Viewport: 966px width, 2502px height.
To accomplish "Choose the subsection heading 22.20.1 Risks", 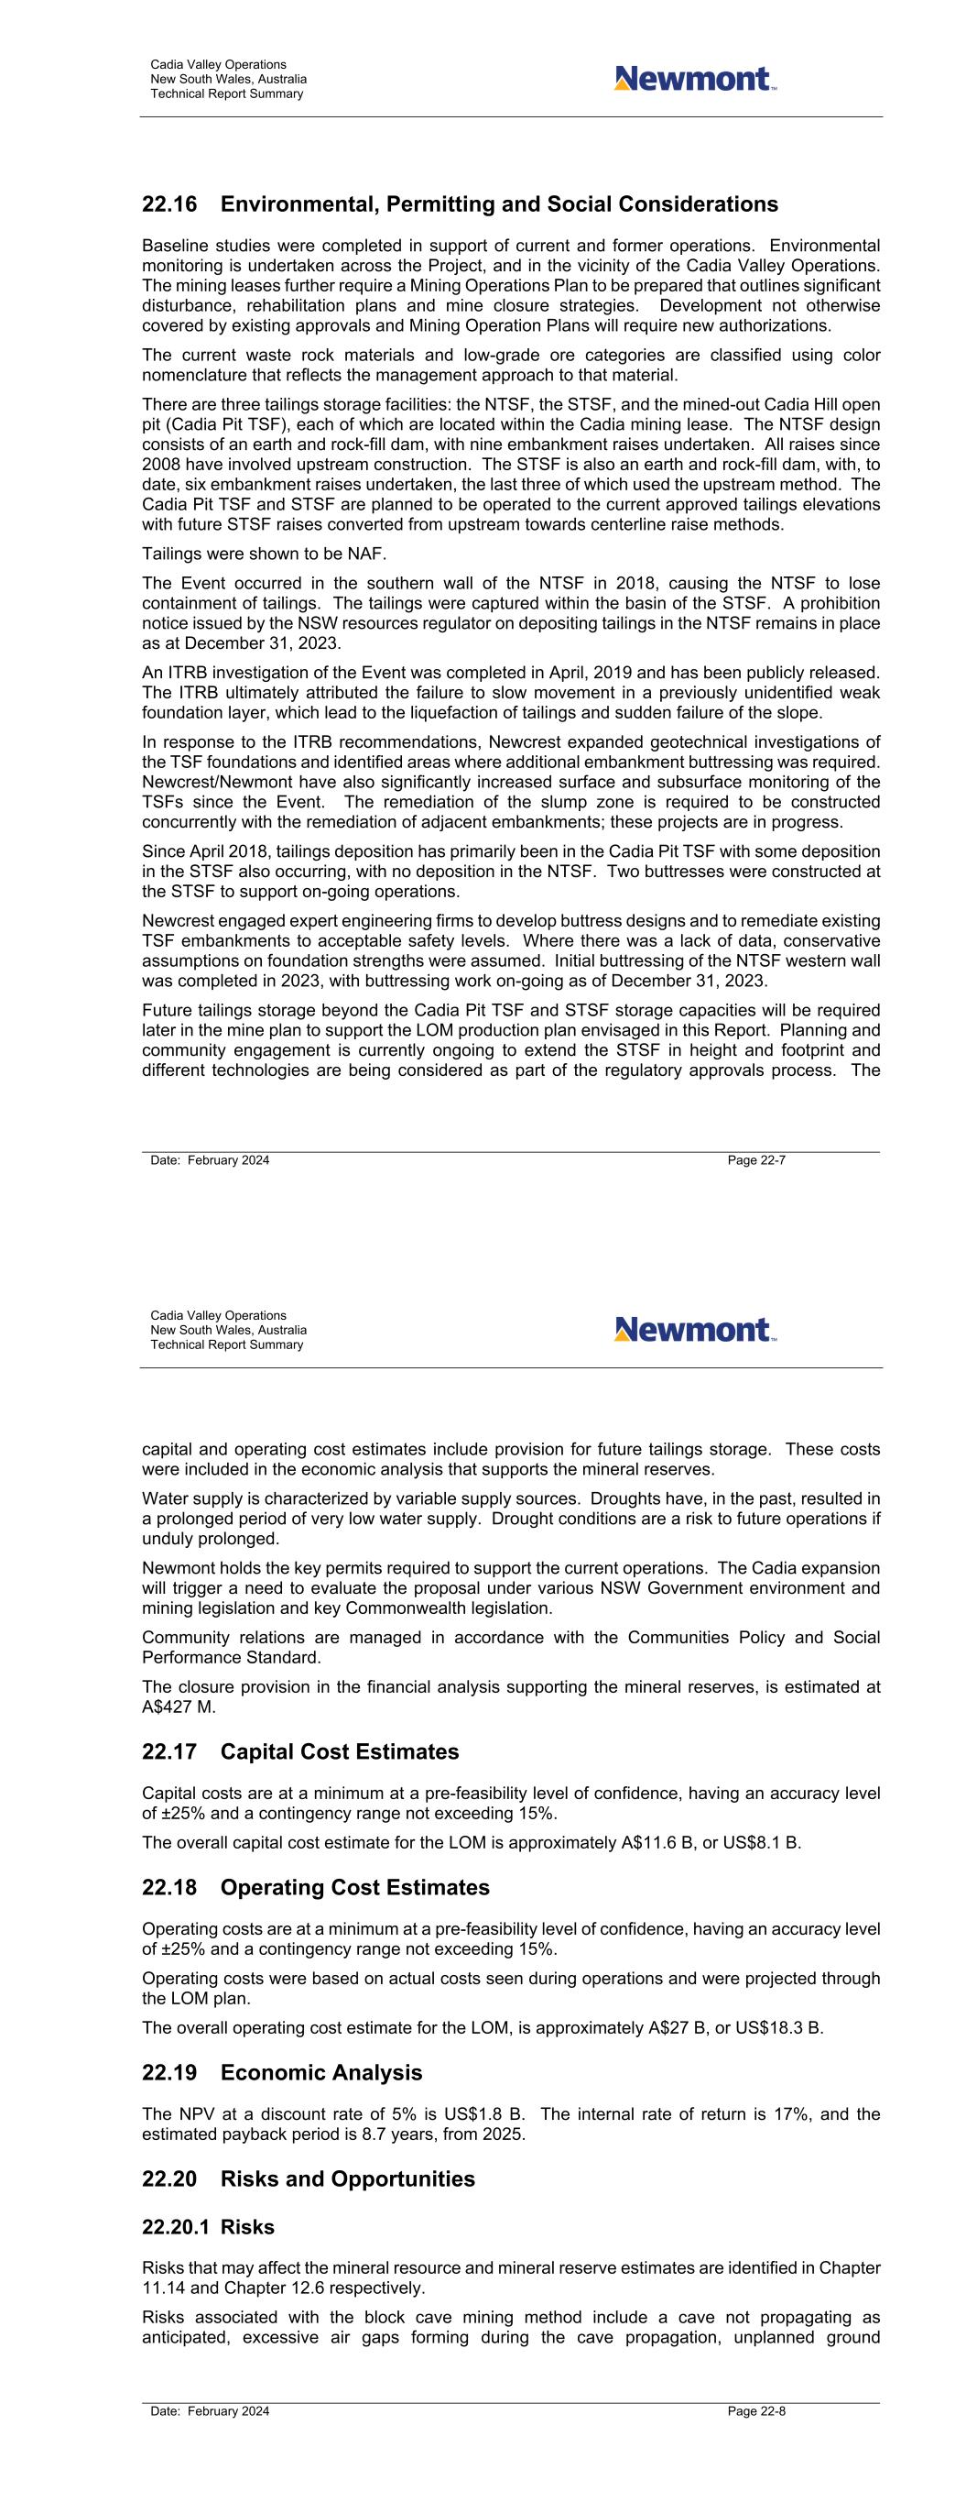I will point(208,2227).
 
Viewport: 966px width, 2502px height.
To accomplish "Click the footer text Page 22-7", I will point(756,1160).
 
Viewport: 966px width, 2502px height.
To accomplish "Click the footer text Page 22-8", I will point(756,2411).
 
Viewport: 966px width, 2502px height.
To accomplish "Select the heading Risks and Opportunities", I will point(348,2179).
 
